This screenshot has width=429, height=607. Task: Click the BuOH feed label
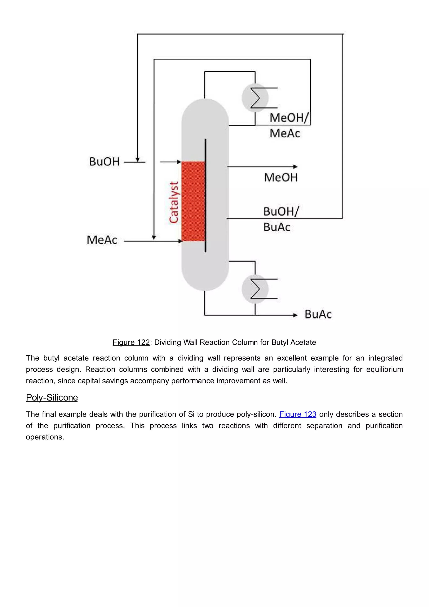pos(104,162)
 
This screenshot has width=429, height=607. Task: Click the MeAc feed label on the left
pos(102,240)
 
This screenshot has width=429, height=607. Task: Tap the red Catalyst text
pos(174,202)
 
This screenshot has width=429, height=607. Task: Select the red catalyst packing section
pos(193,201)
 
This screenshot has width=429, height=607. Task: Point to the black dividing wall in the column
pos(205,196)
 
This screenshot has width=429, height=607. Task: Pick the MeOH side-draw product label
pos(281,177)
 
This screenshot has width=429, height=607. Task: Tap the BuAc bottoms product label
pos(318,314)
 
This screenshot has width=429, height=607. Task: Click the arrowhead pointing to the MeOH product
pos(295,167)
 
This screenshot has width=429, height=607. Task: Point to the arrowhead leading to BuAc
pos(295,315)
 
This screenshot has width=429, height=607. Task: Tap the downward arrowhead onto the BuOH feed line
pos(137,160)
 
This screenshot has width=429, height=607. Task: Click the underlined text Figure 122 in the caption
pos(131,342)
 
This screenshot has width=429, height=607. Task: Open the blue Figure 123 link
pos(297,414)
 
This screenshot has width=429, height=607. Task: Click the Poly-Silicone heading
pos(52,398)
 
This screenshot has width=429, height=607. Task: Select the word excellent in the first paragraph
pos(292,358)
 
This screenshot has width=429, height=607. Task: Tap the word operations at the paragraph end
pos(45,437)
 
